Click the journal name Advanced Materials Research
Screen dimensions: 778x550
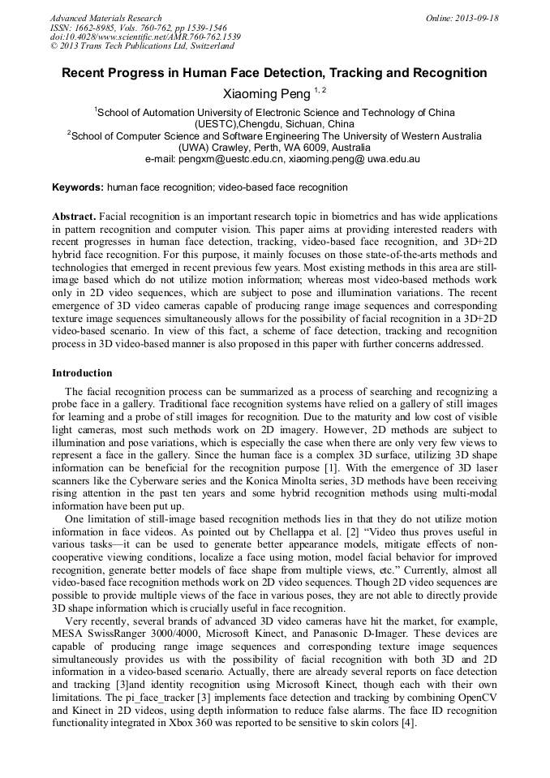105,18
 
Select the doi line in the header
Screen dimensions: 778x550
145,37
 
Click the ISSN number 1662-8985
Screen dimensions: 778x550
96,28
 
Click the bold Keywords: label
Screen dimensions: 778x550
78,187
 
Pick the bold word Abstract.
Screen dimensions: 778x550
74,217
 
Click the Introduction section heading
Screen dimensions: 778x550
82,373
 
